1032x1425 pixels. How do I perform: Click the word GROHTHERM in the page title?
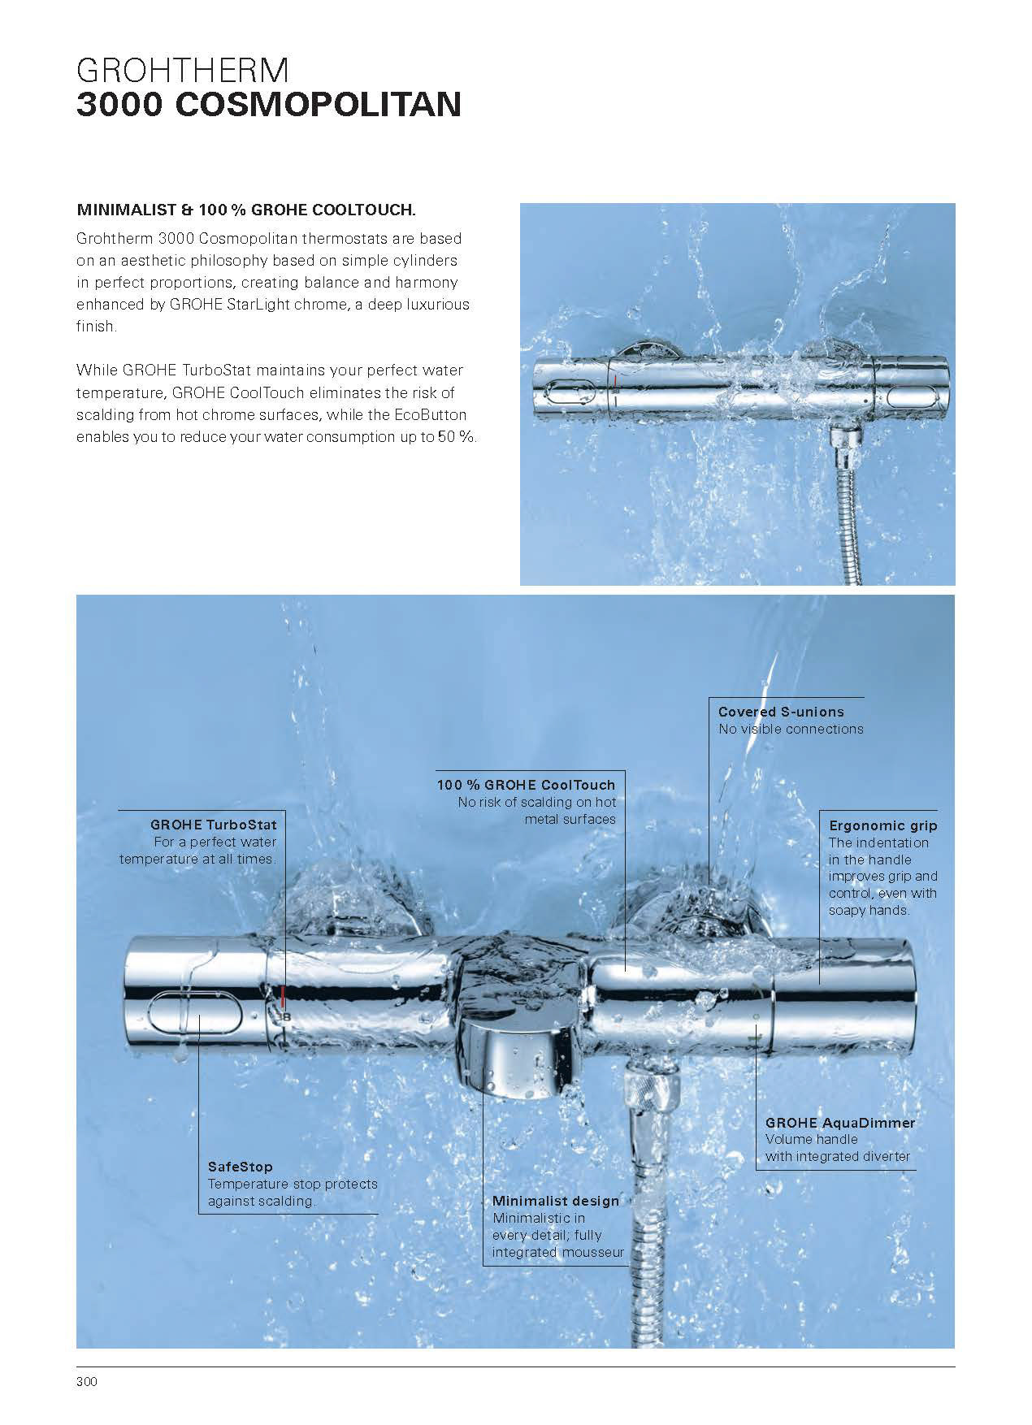pos(182,71)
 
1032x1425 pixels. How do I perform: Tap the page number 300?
pos(86,1382)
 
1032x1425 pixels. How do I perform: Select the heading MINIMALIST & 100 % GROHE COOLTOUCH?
pos(246,210)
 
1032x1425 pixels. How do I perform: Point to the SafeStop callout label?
pos(241,1167)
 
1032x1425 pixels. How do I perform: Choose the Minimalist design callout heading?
pos(556,1201)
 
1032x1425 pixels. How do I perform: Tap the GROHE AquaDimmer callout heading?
pos(840,1123)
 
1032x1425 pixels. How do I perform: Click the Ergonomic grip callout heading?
pos(882,825)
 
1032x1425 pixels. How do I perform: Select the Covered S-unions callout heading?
pos(781,712)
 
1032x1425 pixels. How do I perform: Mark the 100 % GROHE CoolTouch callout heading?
pos(526,785)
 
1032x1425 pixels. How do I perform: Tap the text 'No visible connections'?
pos(791,729)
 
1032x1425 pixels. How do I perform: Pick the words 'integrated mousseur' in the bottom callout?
pos(558,1253)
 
